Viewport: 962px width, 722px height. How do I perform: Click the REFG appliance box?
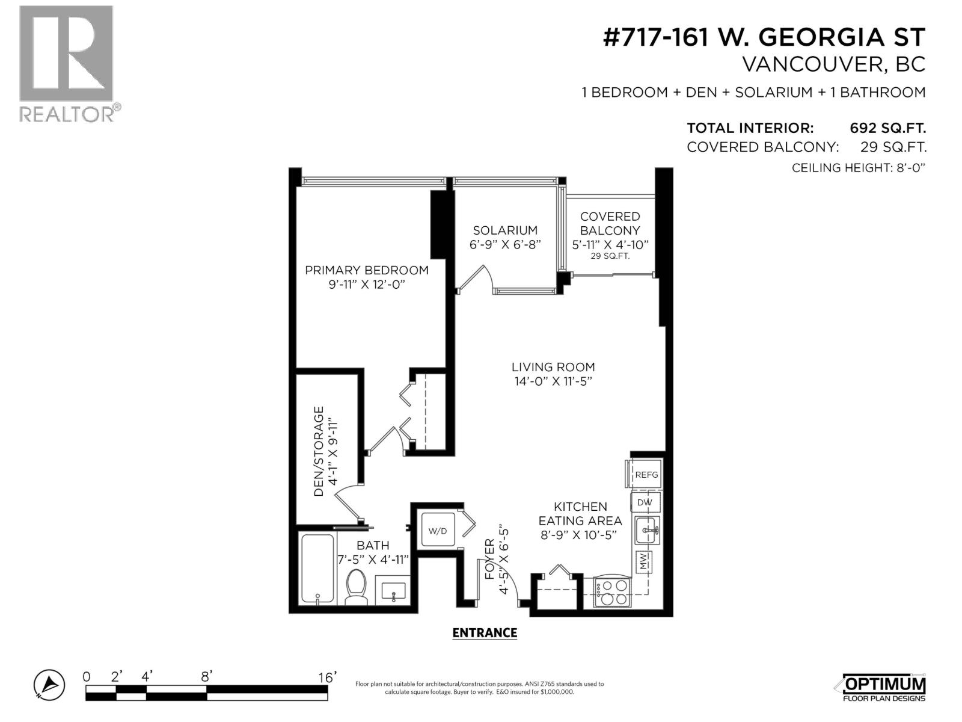click(x=646, y=475)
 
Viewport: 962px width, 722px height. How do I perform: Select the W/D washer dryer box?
click(x=438, y=530)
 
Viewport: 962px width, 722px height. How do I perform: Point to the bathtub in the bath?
click(x=317, y=569)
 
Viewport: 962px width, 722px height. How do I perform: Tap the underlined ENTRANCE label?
click(x=484, y=633)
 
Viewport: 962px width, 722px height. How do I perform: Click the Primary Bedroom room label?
click(x=367, y=270)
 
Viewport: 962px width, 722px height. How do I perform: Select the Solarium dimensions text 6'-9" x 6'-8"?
click(x=505, y=245)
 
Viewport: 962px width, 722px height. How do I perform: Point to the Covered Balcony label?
click(x=610, y=223)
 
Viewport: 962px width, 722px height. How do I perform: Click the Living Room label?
click(x=553, y=367)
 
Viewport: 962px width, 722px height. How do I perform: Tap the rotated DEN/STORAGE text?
click(x=319, y=451)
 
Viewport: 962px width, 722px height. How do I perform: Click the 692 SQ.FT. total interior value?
click(x=887, y=128)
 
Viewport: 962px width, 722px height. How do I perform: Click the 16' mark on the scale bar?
click(x=326, y=677)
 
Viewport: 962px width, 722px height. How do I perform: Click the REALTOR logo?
click(x=67, y=63)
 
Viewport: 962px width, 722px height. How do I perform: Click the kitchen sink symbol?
click(x=648, y=531)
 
